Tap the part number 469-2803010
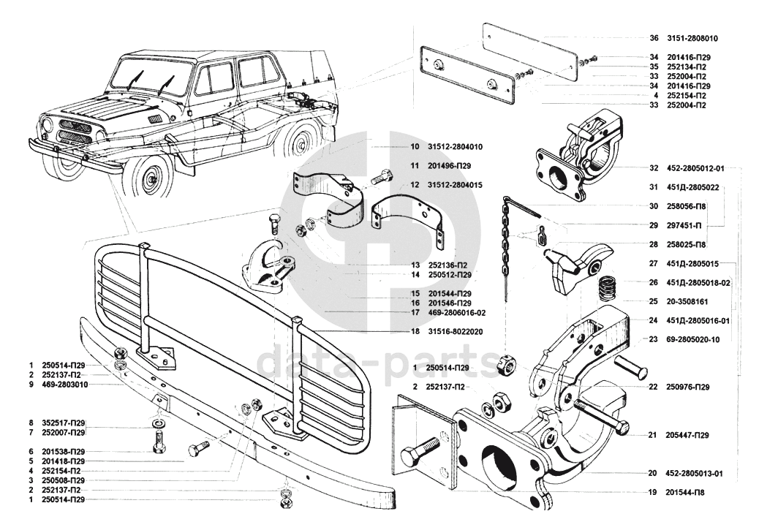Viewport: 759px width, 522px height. click(65, 384)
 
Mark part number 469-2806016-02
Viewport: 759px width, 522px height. click(458, 312)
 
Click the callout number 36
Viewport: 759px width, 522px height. click(654, 37)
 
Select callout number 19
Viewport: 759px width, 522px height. click(651, 493)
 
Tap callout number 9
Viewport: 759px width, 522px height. click(31, 384)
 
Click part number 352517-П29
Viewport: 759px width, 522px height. click(65, 423)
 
